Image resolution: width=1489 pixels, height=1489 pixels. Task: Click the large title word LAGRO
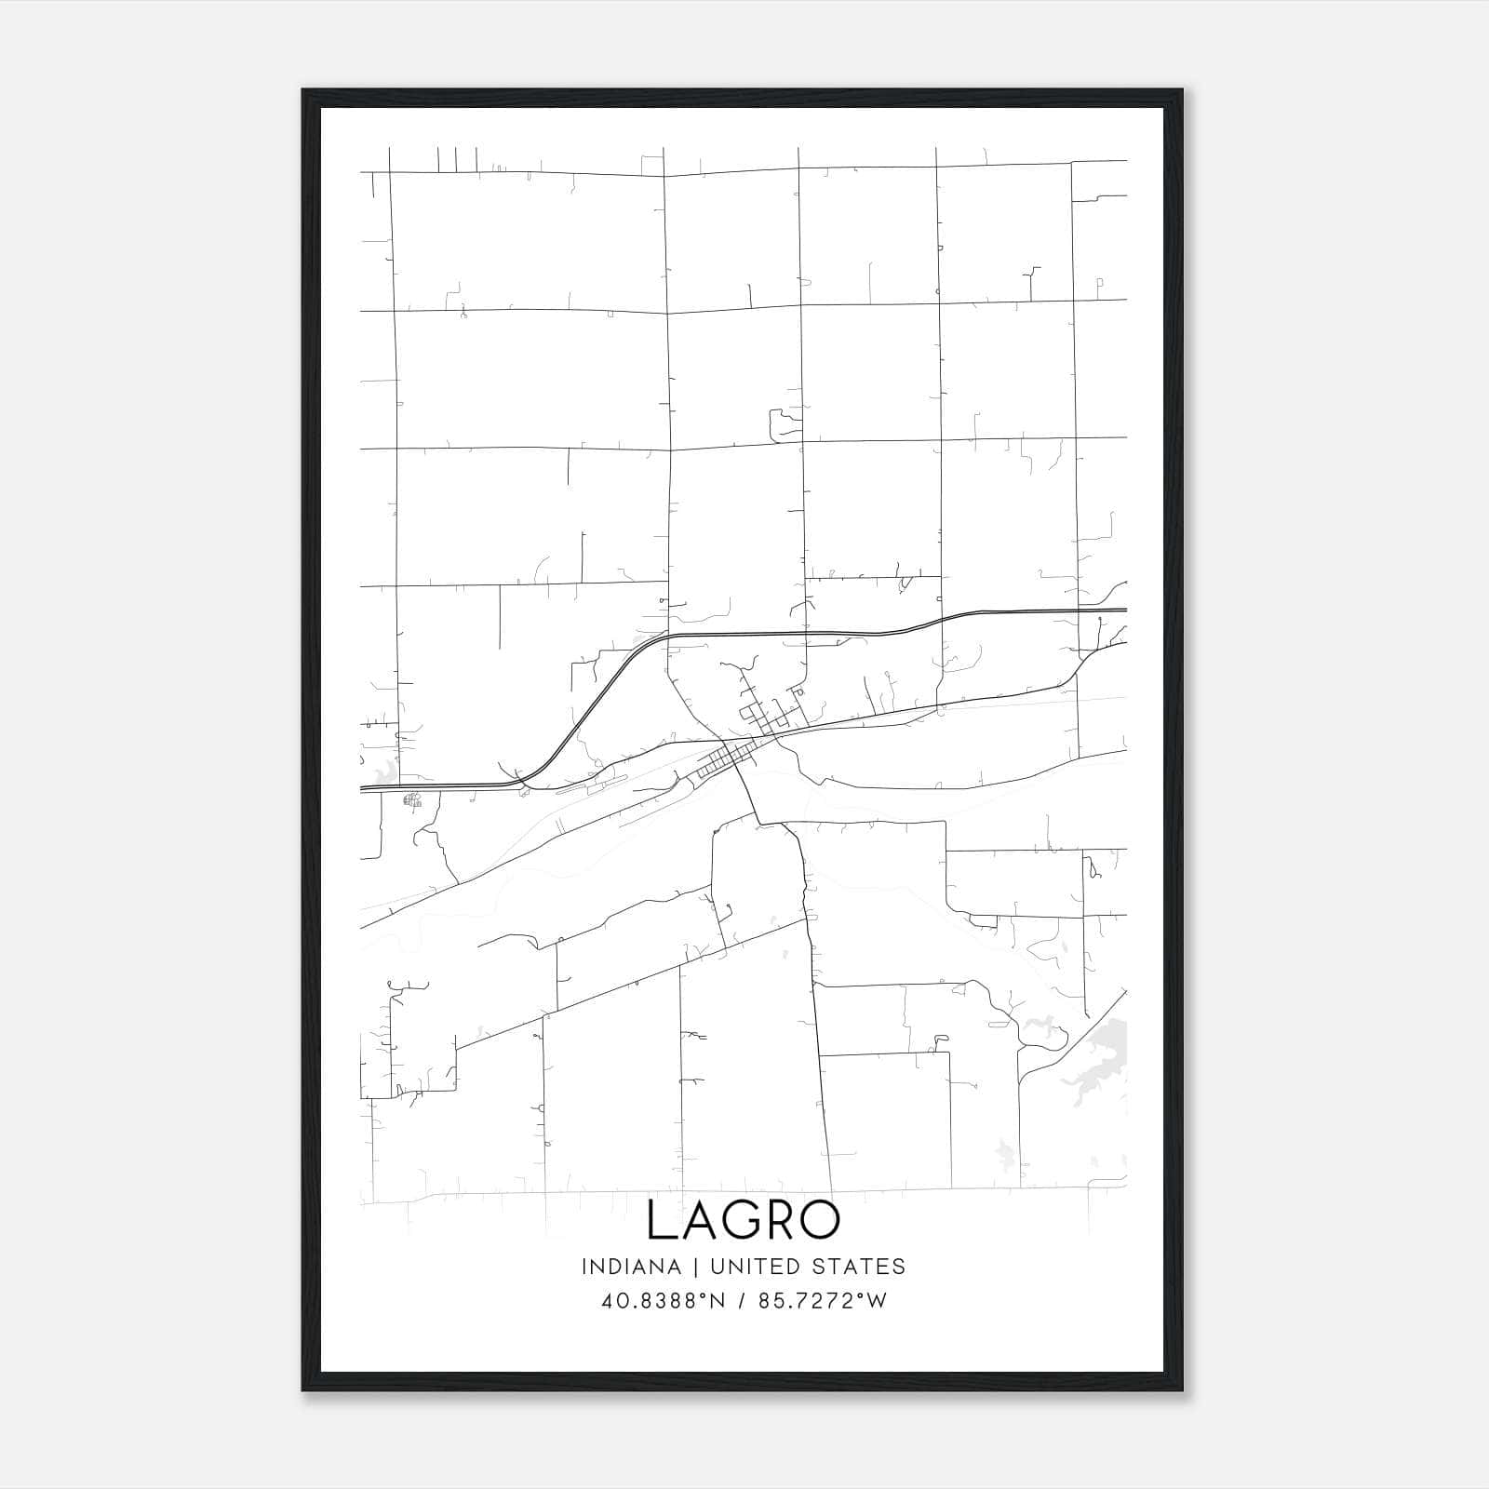tap(744, 1220)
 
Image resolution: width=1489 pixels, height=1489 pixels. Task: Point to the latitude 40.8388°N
tap(662, 1300)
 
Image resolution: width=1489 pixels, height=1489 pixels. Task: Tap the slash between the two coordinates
tap(742, 1300)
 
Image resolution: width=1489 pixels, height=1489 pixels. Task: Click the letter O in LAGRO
tap(820, 1220)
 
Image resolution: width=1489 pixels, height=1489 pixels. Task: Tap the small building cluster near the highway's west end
tap(412, 799)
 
